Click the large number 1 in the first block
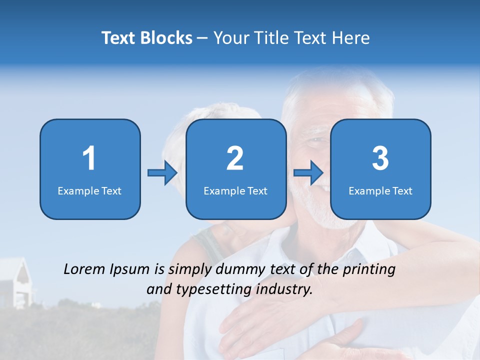coord(89,158)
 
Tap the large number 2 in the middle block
coord(235,158)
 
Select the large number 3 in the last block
coord(380,158)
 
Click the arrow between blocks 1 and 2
coord(162,173)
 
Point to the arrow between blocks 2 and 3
coord(308,173)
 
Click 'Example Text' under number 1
coord(89,191)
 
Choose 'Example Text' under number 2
coord(235,191)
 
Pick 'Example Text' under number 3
coord(380,191)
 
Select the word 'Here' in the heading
coord(351,38)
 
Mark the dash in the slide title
coord(202,38)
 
